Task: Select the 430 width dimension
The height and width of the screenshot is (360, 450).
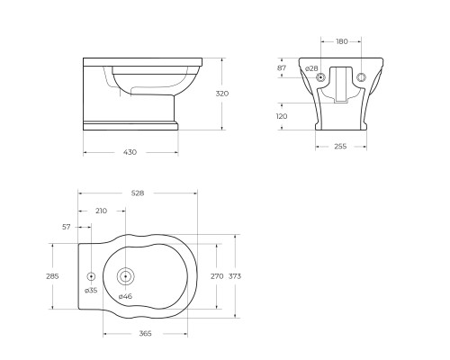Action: pyautogui.click(x=130, y=151)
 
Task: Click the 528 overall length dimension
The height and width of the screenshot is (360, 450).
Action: pyautogui.click(x=137, y=192)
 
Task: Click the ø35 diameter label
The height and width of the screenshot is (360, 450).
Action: pyautogui.click(x=91, y=291)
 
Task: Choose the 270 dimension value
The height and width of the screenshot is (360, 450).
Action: pyautogui.click(x=216, y=276)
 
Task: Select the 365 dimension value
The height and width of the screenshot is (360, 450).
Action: pyautogui.click(x=145, y=334)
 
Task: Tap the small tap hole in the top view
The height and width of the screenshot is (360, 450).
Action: pyautogui.click(x=91, y=276)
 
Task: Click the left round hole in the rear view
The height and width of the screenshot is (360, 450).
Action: pyautogui.click(x=322, y=77)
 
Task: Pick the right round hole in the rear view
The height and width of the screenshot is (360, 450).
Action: pyautogui.click(x=362, y=77)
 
